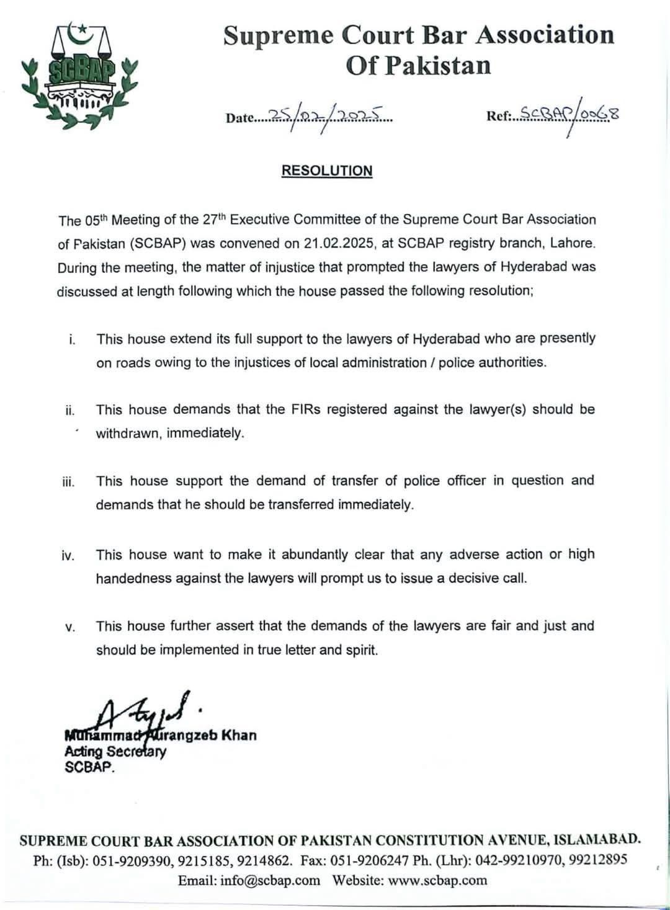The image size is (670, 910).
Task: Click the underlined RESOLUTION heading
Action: (x=327, y=171)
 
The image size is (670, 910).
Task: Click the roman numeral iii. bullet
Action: (x=68, y=482)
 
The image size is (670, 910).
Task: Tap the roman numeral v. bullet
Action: (x=70, y=627)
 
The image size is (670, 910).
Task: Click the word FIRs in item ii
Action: (x=305, y=409)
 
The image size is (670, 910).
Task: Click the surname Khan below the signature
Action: (x=238, y=735)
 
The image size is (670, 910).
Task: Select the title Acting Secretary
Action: (x=115, y=751)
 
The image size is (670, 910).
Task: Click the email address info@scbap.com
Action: (x=270, y=880)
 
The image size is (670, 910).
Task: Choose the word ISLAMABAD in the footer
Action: (x=596, y=841)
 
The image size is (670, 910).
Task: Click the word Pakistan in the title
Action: (x=437, y=65)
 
